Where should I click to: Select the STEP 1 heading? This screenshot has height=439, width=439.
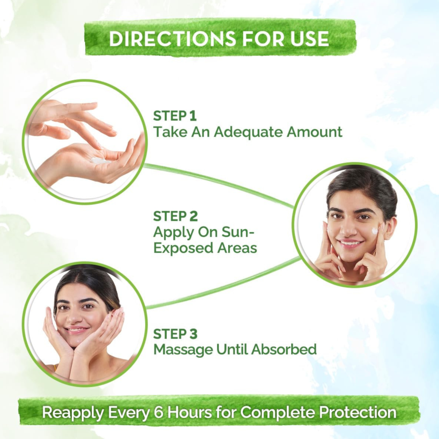coord(175,116)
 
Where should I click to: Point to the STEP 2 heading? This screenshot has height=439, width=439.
coord(176,216)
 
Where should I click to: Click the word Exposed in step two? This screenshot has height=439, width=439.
coord(183,248)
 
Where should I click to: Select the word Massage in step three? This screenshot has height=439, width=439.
coord(183,350)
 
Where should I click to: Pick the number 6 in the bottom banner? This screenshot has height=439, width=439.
coord(159,412)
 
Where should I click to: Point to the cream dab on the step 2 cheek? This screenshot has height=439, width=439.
coord(374,231)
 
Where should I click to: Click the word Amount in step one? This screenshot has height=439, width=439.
coord(314,132)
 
